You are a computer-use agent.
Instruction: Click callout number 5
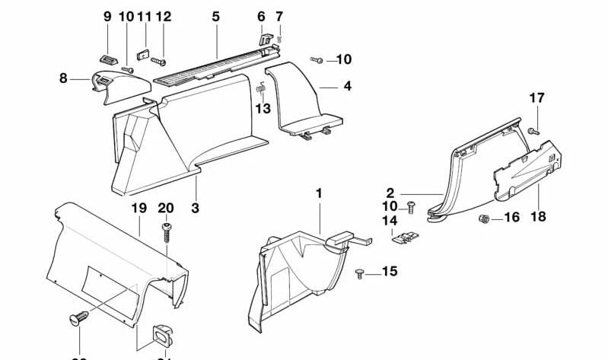tap(215, 16)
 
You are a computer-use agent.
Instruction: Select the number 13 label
tap(263, 109)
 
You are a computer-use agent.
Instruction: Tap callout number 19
tap(137, 208)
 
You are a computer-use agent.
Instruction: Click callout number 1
tap(319, 194)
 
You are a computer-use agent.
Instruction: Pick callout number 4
tap(347, 86)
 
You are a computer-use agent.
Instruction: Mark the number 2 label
tap(411, 194)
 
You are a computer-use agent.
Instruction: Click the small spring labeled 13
tap(260, 88)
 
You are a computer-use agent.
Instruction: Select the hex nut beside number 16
tap(484, 219)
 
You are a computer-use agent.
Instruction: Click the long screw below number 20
tap(166, 230)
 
